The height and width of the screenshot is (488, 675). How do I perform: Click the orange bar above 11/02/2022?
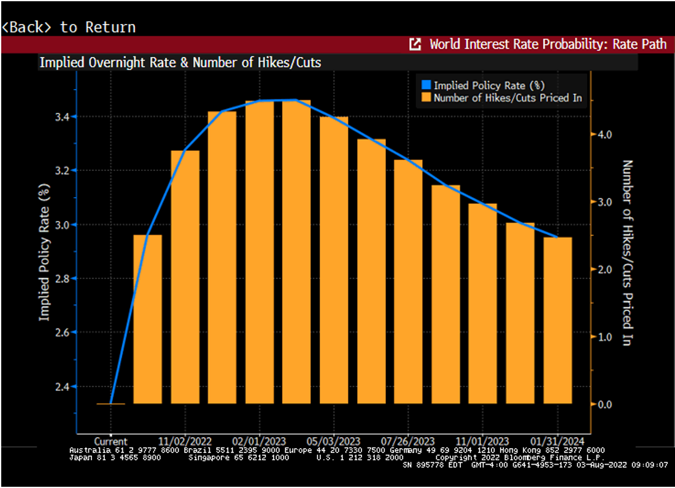tap(185, 276)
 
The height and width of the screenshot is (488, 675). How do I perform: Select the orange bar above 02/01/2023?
tap(260, 252)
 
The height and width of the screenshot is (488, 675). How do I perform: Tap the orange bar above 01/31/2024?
tap(557, 320)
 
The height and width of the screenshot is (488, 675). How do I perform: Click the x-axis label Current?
tap(110, 441)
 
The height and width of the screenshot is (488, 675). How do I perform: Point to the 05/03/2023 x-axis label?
tap(334, 441)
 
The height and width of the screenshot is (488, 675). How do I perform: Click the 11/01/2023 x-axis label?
tap(483, 441)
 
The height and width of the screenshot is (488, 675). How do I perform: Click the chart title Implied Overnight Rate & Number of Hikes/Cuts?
tap(180, 62)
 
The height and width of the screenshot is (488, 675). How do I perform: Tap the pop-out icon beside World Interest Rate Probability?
tap(415, 44)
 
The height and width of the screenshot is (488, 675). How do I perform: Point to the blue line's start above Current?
tap(110, 403)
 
